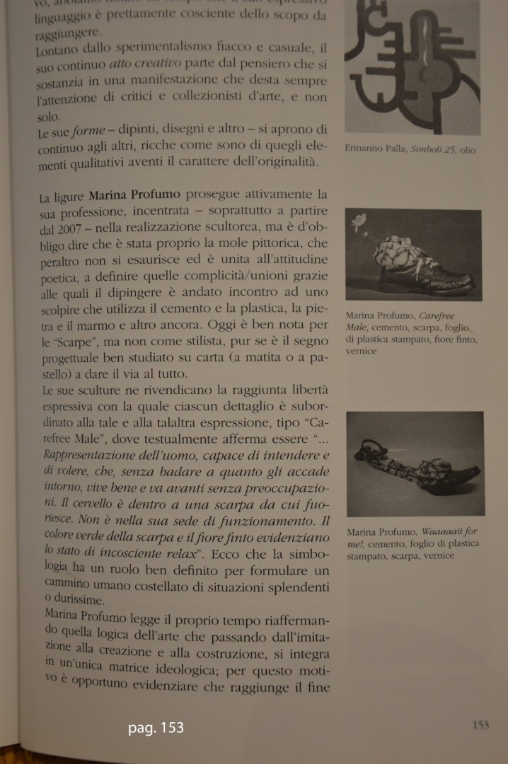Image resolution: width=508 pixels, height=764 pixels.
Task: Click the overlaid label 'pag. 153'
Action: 156,727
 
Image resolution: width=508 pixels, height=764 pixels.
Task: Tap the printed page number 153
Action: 480,724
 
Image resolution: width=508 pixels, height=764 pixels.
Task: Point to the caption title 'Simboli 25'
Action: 431,150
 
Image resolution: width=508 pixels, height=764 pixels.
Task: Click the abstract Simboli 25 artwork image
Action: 412,67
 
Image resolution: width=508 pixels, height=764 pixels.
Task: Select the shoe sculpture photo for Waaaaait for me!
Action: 415,463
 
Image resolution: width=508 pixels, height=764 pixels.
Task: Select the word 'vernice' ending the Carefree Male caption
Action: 362,351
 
